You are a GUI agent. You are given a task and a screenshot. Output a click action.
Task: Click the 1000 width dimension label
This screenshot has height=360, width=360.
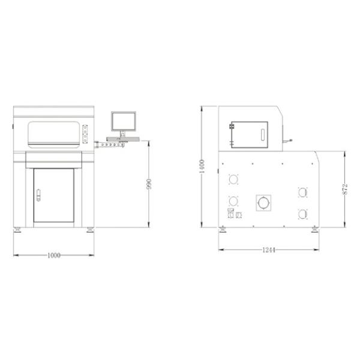[54, 256]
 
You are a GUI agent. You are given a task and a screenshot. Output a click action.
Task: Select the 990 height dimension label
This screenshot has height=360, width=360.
[149, 184]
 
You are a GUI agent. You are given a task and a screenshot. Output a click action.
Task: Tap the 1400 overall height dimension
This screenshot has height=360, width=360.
[202, 166]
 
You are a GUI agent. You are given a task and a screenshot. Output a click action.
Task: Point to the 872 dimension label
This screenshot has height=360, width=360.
[345, 189]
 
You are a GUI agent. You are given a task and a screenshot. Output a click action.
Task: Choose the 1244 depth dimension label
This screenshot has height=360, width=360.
[269, 250]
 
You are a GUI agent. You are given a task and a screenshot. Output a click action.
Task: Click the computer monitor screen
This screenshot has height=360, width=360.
[124, 121]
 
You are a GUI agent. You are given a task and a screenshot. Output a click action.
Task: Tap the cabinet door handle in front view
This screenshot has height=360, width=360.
[38, 195]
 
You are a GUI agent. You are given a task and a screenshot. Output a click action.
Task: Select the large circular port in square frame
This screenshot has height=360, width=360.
[263, 203]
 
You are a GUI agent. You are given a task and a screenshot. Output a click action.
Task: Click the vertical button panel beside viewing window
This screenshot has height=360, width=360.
[85, 134]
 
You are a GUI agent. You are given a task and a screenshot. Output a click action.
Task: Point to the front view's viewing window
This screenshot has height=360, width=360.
[54, 134]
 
